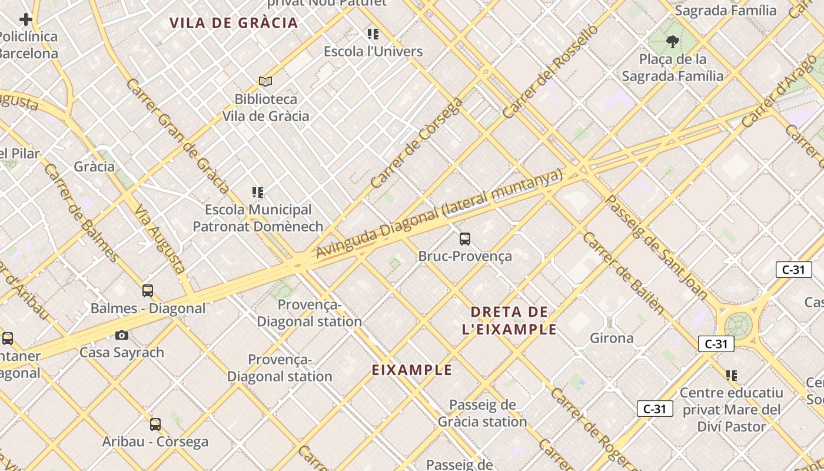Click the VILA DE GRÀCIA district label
click(234, 23)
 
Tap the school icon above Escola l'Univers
click(373, 34)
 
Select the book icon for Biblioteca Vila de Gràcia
click(265, 81)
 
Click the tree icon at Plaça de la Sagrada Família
click(672, 42)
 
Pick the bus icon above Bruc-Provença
click(465, 238)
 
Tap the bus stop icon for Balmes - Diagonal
click(148, 290)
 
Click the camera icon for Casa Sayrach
click(122, 335)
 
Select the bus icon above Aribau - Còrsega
click(155, 424)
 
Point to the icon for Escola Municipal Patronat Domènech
click(258, 192)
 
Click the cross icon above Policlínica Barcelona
click(26, 19)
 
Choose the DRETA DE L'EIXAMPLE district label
click(510, 320)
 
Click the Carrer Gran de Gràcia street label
click(177, 136)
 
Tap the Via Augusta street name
click(160, 238)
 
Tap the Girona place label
click(612, 338)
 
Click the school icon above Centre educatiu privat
click(732, 375)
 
